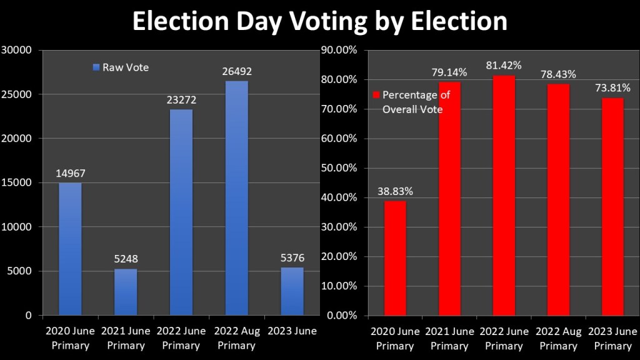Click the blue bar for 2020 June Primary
click(x=70, y=249)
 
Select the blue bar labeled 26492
click(x=236, y=197)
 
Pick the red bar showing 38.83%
click(x=395, y=257)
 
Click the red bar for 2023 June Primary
click(x=613, y=206)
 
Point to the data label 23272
click(x=181, y=99)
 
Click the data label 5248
click(x=126, y=259)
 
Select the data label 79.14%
click(x=450, y=72)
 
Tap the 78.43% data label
click(x=559, y=74)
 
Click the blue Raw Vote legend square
click(x=96, y=67)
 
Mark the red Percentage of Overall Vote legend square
click(x=376, y=95)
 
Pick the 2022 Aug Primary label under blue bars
click(x=236, y=337)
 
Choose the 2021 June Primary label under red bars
click(x=450, y=337)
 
